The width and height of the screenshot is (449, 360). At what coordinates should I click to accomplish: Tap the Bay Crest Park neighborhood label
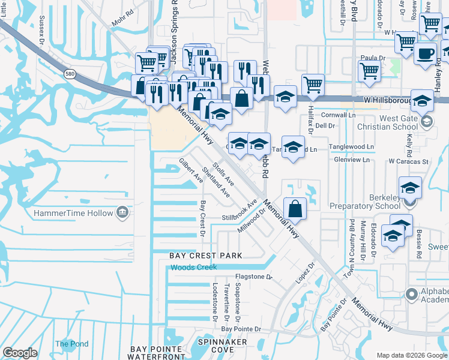point(205,256)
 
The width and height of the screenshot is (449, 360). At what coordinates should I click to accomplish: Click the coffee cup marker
point(426,53)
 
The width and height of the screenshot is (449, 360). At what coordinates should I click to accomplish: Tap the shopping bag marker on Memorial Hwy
point(295,208)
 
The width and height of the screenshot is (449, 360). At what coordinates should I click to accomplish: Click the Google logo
point(20,353)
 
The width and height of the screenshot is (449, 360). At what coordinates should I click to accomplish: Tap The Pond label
point(71,344)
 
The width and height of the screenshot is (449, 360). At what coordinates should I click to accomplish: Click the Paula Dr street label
point(372,57)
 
